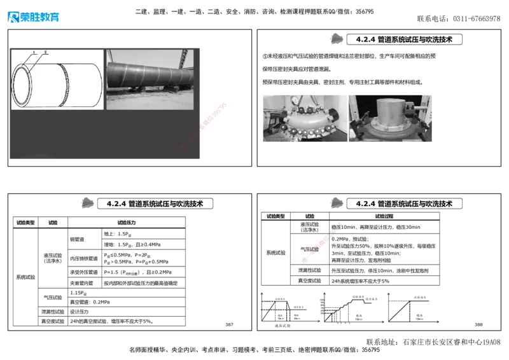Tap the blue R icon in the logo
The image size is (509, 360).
[x=13, y=17]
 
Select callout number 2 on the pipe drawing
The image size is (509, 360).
[x=45, y=52]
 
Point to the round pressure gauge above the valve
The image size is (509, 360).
[x=295, y=100]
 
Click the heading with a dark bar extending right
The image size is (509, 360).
[x=154, y=204]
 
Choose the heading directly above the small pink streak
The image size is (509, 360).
[x=404, y=204]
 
